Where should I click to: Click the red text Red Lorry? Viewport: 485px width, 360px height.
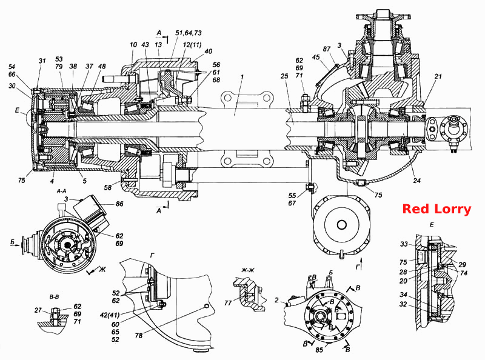436,209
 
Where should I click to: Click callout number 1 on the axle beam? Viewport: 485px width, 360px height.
242,76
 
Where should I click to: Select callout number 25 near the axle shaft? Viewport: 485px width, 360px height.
284,76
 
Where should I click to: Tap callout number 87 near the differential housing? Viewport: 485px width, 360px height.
326,49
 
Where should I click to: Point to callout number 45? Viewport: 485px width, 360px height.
315,57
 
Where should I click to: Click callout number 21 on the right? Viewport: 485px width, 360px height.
438,76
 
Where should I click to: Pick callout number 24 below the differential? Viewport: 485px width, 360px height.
416,180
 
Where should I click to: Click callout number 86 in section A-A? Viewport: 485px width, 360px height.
119,204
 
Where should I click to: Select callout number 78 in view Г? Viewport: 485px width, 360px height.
139,335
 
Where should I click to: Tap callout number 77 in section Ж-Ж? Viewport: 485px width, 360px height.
228,303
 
